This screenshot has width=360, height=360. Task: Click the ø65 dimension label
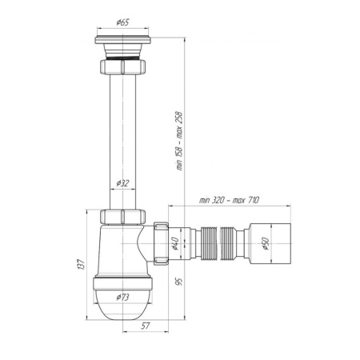(x=122, y=22)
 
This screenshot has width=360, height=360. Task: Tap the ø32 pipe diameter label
(x=122, y=183)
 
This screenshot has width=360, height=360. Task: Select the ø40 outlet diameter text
(x=175, y=243)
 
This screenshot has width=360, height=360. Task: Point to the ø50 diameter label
(x=266, y=243)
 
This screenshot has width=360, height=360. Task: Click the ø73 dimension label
(x=122, y=297)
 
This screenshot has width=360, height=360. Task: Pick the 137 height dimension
(x=82, y=264)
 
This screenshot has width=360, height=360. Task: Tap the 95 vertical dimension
(x=180, y=282)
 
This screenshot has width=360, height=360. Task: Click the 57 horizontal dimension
(x=146, y=326)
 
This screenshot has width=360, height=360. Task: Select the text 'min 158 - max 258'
(x=179, y=141)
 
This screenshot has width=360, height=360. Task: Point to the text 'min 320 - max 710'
(x=229, y=200)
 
